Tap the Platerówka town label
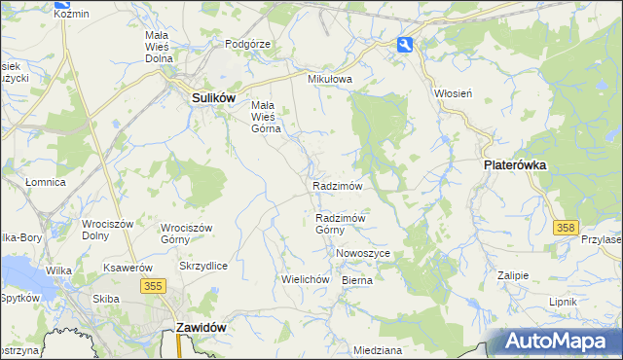515,165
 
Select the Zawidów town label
202,328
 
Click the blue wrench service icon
405,44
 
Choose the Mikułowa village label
328,79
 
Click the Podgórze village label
247,44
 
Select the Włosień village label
453,93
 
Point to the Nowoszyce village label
363,253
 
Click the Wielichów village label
302,278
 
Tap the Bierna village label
357,279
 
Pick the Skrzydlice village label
203,266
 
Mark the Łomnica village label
45,182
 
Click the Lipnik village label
563,302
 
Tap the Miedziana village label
378,348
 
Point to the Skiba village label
105,299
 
